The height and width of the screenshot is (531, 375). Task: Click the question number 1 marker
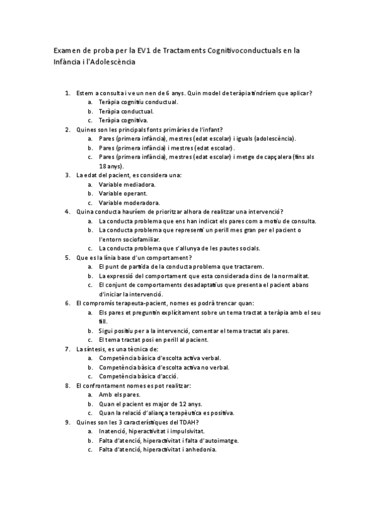point(68,93)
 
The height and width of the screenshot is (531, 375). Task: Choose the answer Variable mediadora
point(128,185)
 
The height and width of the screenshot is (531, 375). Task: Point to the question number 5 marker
point(68,257)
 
